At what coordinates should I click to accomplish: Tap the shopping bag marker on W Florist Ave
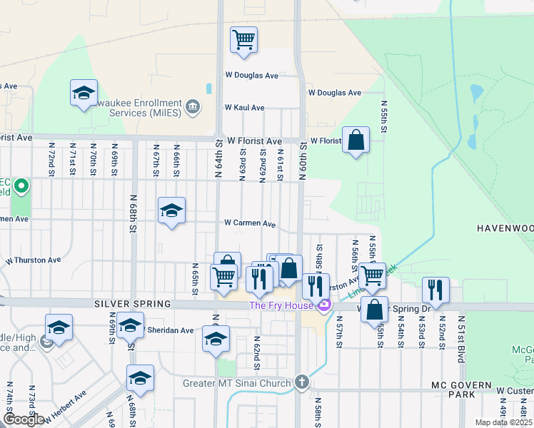coord(355,141)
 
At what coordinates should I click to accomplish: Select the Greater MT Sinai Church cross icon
coord(303,382)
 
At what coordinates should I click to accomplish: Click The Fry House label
coord(281,306)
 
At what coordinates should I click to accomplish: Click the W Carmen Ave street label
coord(250,223)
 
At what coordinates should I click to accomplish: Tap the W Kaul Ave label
coord(244,108)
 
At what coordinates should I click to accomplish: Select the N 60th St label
coord(303,160)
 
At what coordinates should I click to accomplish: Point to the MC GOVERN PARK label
coord(461,385)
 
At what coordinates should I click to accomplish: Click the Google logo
coord(24,419)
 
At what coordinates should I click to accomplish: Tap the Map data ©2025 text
coord(504,422)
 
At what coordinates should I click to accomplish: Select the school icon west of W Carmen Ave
coord(171,210)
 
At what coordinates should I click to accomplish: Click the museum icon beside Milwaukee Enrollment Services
coord(192,108)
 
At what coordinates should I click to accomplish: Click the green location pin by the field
coord(21,188)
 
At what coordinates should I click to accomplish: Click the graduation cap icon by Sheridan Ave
coord(130,326)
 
